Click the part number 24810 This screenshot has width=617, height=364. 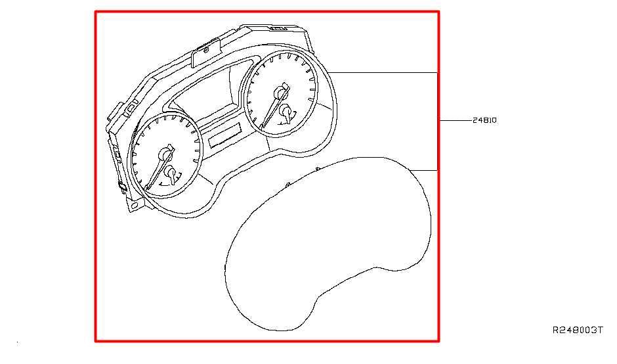coord(484,120)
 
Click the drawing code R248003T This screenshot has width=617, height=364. coord(577,330)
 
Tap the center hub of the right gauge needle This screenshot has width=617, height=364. coord(280,93)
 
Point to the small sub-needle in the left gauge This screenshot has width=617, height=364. coord(171,175)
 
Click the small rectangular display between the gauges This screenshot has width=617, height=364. coord(224,135)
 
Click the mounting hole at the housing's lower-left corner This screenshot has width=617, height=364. coord(134,205)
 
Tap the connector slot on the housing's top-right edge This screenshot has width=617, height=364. coord(278,28)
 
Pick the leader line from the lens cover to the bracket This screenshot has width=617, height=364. coord(424,170)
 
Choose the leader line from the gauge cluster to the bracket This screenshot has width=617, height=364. coord(383,72)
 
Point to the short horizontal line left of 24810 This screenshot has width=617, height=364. coord(456,120)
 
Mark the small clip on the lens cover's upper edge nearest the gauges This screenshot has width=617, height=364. coord(288,185)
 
